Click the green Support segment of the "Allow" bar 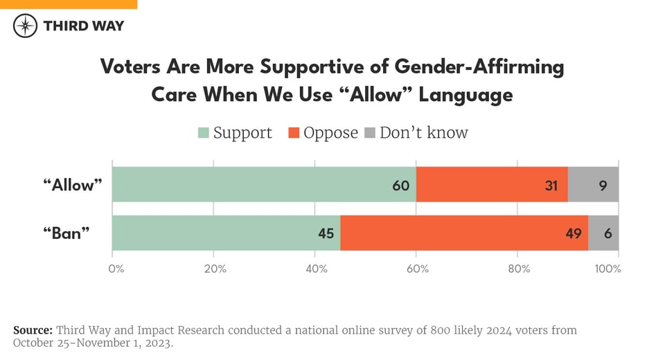tap(263, 185)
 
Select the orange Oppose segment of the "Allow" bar tap(492, 185)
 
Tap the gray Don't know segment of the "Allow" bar tap(593, 185)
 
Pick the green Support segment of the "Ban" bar tap(226, 233)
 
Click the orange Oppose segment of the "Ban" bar tap(464, 233)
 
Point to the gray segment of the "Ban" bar tap(603, 233)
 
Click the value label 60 tap(401, 186)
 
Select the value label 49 tap(574, 234)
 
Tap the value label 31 tap(553, 186)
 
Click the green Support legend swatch tap(204, 132)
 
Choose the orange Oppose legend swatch tap(294, 132)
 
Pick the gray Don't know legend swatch tap(370, 132)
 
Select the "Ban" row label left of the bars tap(66, 233)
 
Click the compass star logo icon tap(26, 26)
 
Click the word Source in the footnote tap(33, 330)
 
